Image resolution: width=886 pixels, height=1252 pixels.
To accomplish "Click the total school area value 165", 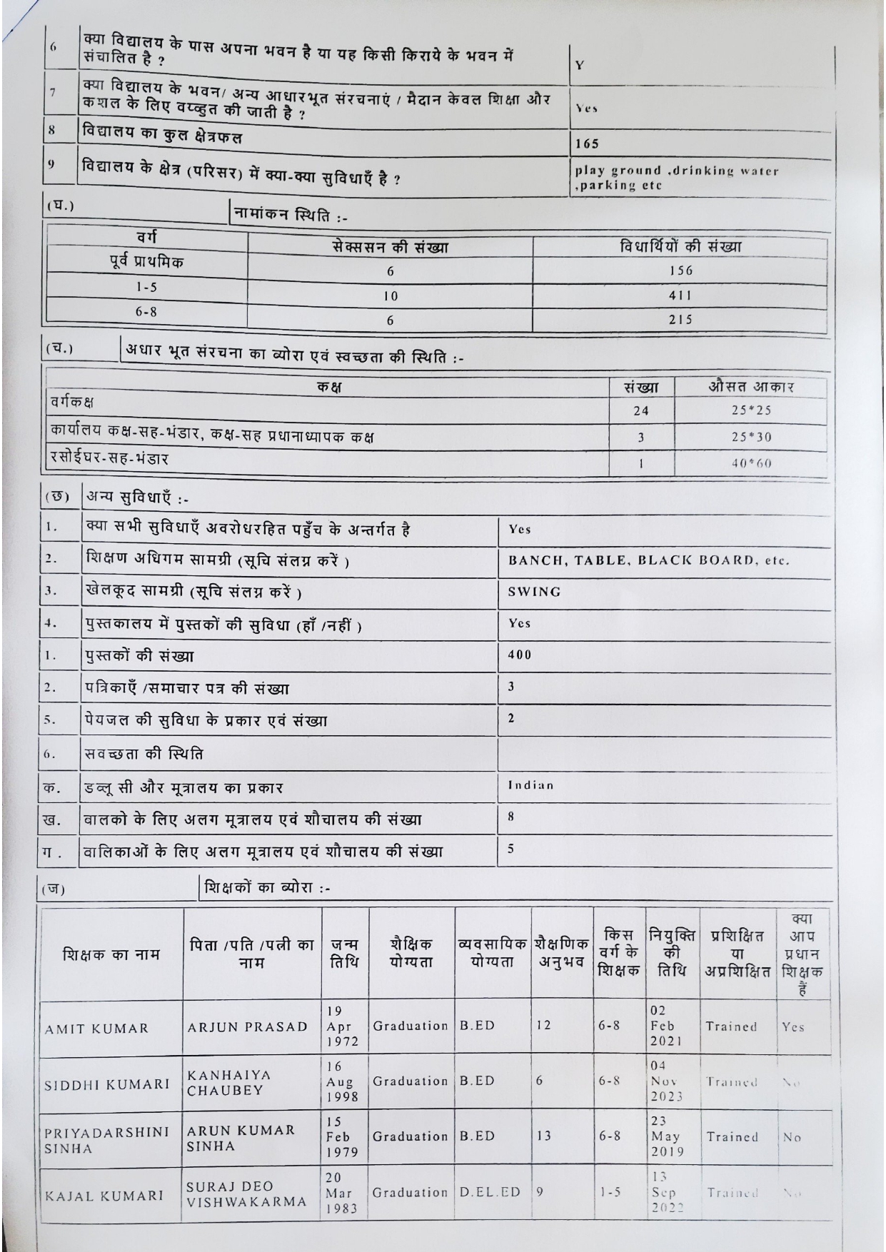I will coord(587,144).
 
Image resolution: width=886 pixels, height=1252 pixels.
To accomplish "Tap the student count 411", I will coord(680,295).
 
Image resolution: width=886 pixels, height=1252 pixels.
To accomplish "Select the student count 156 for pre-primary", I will coord(680,271).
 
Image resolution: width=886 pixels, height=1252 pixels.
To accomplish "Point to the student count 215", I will coord(680,320).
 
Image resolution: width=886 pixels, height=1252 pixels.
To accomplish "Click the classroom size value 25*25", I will coord(751,410).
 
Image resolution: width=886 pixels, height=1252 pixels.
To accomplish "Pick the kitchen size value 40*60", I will coord(752,463).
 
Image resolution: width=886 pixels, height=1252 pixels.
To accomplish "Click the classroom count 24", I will coord(641,410).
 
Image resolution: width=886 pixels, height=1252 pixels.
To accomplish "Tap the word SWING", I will coord(535,592).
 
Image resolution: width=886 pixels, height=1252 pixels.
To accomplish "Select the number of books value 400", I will coord(520,655).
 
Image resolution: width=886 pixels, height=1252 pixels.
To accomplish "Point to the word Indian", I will coord(531,785).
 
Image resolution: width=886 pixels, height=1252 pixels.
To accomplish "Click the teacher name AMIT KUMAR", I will coord(96,1029).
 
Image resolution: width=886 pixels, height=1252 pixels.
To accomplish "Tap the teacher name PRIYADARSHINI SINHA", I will coord(107,1140).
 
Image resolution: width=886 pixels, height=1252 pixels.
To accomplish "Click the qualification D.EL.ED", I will coord(490,1192).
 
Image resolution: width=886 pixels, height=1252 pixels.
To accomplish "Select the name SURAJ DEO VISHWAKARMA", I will coord(247,1193).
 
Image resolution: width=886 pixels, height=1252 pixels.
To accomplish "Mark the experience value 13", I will coord(544,1136).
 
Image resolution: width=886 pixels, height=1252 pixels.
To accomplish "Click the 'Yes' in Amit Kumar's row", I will coord(792,1028).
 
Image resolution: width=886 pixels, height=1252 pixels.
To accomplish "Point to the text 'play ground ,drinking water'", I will coord(677,171).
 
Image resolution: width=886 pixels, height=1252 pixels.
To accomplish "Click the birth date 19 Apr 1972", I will coord(340,1026).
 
